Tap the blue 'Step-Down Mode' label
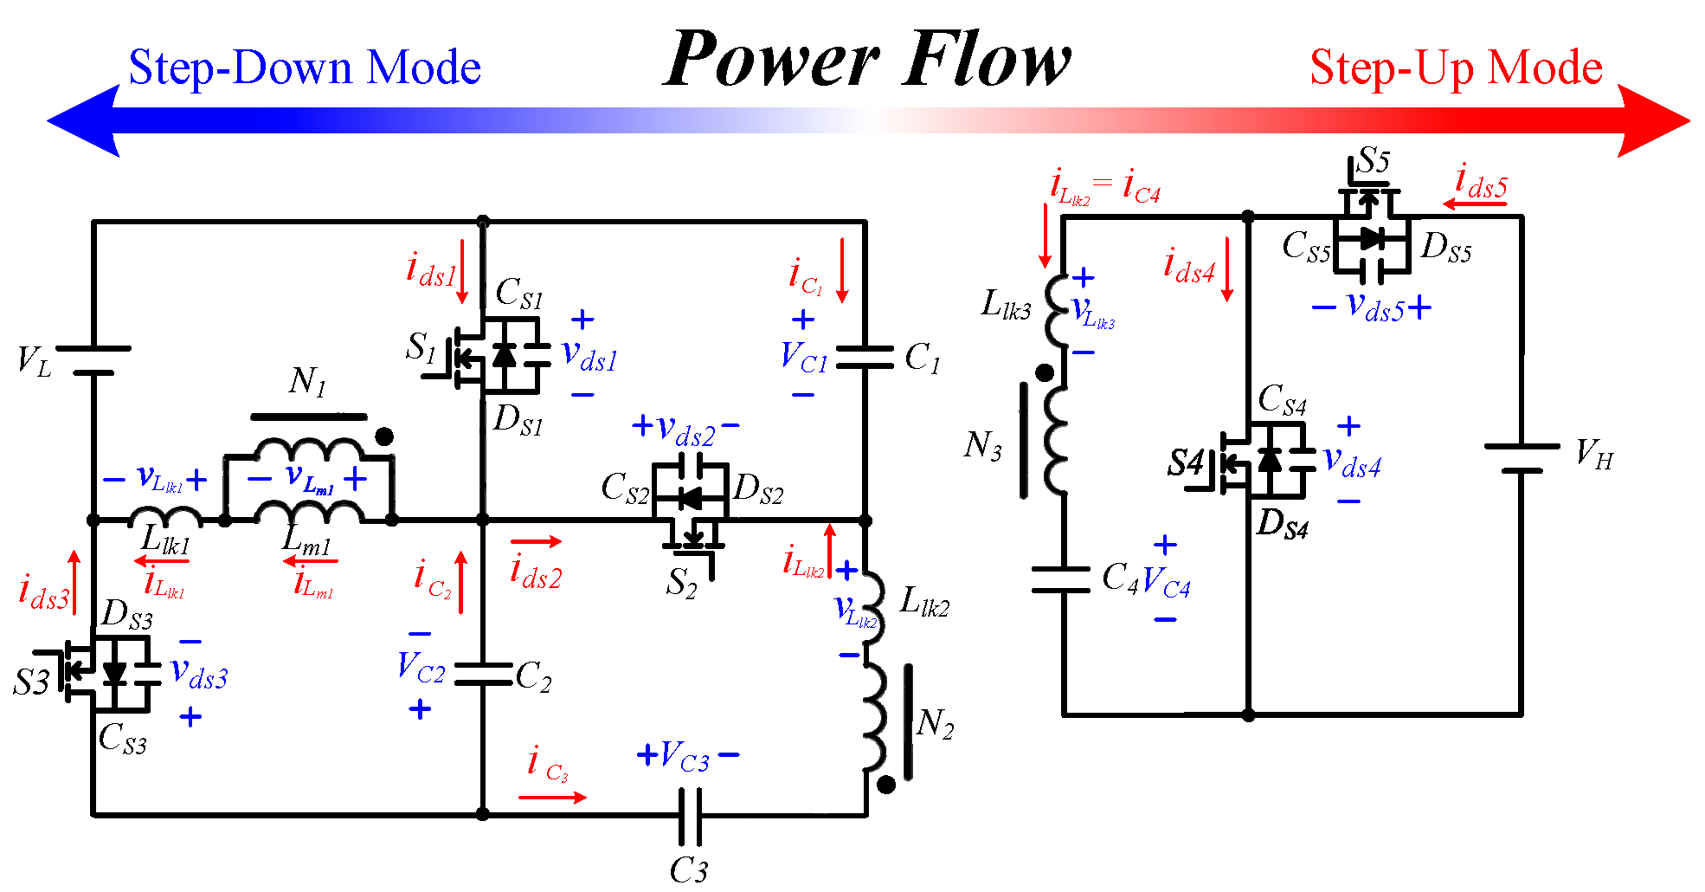(x=304, y=68)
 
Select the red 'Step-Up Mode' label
(x=1456, y=68)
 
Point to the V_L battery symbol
(x=93, y=361)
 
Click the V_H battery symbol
(x=1522, y=459)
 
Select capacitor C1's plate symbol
(x=865, y=357)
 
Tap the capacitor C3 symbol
(x=689, y=816)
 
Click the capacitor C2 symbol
(x=483, y=675)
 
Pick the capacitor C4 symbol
(x=1062, y=579)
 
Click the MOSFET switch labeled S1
(x=485, y=356)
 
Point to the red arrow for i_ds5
(x=1474, y=204)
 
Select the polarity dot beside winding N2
(x=886, y=785)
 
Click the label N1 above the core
(x=307, y=381)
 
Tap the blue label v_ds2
(x=685, y=429)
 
